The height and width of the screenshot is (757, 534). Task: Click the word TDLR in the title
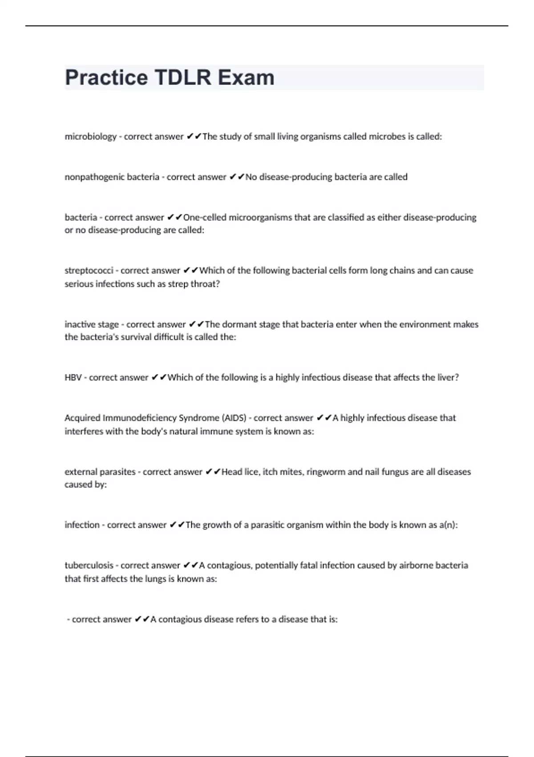tap(183, 77)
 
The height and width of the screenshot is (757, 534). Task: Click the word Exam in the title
tap(246, 77)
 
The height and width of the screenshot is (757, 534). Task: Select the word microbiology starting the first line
tap(90, 137)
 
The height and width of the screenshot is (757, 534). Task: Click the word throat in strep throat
tap(205, 284)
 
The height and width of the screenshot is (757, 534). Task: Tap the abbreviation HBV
tap(73, 378)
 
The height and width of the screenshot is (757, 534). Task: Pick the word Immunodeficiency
tap(139, 418)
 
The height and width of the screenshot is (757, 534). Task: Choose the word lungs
tap(155, 579)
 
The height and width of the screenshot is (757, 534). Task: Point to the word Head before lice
tap(231, 472)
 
